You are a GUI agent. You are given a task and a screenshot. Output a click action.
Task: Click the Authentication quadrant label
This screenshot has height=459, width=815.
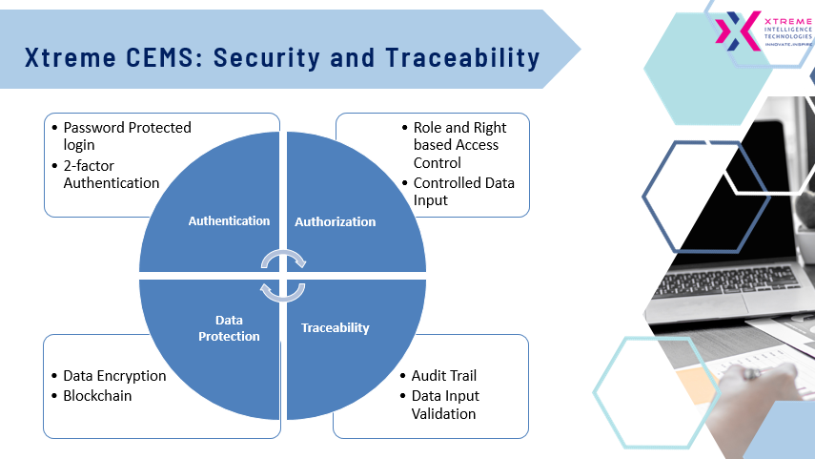[229, 221]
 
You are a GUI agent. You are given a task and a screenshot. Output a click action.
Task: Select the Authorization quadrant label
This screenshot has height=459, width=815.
[336, 221]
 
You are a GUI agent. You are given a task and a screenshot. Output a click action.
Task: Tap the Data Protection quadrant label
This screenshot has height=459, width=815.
[229, 328]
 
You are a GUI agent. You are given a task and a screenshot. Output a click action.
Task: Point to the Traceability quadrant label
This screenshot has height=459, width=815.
[336, 328]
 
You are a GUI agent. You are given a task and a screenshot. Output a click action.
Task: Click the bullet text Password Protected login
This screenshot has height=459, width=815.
[127, 136]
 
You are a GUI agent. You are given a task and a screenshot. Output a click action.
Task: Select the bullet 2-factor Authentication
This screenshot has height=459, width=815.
[112, 175]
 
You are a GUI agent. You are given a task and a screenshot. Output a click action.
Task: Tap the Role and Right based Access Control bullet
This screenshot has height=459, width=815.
[459, 145]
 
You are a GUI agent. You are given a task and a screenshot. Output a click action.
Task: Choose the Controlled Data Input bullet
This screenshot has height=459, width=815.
[463, 192]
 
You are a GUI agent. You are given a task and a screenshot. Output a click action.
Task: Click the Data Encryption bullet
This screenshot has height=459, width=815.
[114, 376]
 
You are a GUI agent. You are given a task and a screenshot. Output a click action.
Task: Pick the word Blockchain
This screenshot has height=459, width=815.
[97, 396]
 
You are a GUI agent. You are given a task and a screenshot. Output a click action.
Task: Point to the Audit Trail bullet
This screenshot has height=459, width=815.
[444, 376]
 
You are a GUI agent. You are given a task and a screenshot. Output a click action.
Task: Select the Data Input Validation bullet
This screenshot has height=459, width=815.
[445, 405]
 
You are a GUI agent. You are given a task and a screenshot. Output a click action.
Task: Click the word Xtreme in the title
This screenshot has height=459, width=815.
[71, 57]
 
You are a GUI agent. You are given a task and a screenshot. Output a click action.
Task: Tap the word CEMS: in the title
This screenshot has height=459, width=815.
[165, 57]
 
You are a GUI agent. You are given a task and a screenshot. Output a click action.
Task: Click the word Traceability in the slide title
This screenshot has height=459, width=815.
[462, 58]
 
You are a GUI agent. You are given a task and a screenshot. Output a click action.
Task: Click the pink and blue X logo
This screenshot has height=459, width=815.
[738, 31]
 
